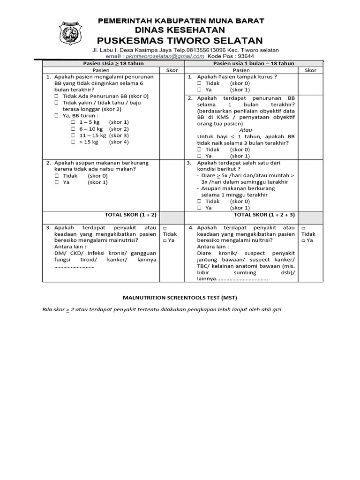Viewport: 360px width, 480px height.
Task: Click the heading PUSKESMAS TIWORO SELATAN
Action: [x=180, y=40]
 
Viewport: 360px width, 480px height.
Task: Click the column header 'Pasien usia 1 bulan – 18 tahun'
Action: [x=253, y=63]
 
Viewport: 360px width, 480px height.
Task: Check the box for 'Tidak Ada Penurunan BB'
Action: [x=58, y=96]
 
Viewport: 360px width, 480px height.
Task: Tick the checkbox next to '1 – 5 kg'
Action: [x=73, y=122]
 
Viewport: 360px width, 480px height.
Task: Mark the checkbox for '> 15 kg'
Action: [x=73, y=142]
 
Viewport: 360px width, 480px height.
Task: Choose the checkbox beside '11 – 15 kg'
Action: [x=73, y=135]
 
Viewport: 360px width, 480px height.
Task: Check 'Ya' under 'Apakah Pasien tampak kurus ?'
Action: [x=199, y=90]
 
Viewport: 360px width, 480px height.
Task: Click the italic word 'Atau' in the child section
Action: [x=246, y=130]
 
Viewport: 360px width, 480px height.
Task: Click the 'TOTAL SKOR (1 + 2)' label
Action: [x=130, y=215]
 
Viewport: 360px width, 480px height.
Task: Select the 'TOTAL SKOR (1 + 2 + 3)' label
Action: [x=264, y=215]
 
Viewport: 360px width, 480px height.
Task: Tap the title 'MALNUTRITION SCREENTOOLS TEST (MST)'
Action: [x=180, y=298]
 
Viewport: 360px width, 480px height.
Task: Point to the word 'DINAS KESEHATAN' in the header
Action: [x=180, y=30]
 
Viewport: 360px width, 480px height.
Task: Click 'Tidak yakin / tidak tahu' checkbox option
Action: [x=58, y=103]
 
